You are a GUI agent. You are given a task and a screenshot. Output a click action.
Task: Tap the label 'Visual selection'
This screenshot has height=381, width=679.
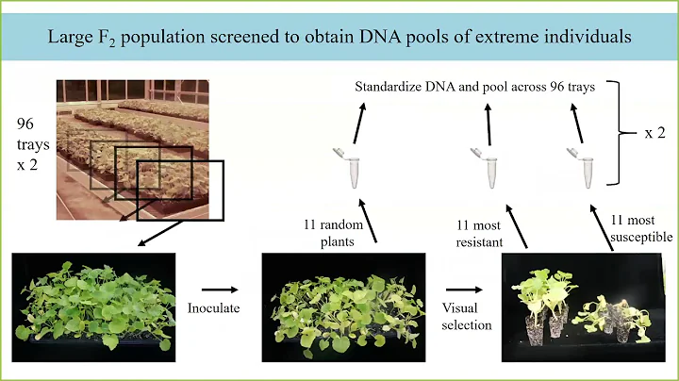click(x=467, y=316)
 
